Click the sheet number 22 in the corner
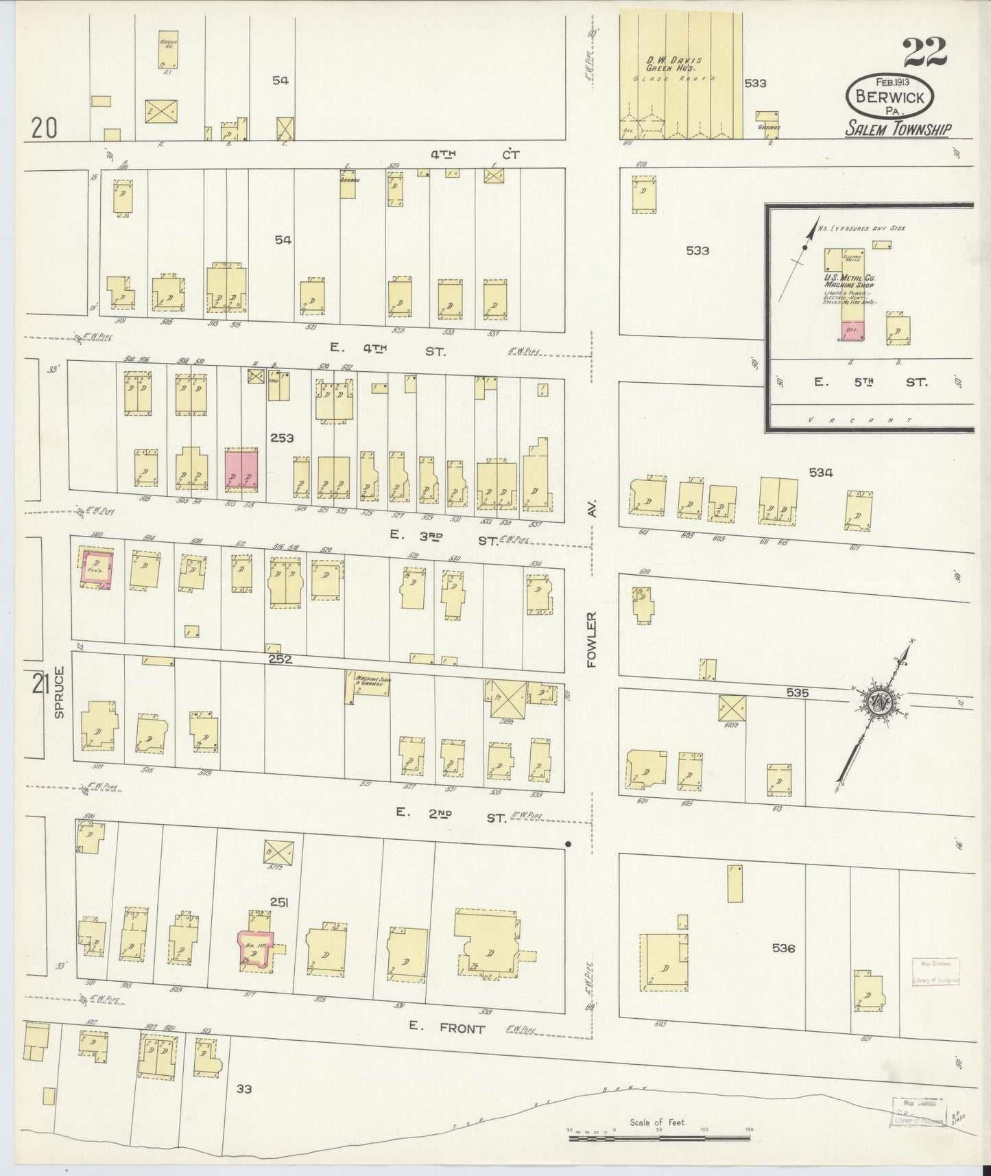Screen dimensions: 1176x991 [x=925, y=53]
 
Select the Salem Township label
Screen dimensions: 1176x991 [x=897, y=128]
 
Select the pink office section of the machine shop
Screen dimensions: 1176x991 [x=853, y=330]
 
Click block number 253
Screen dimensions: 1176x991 [x=281, y=438]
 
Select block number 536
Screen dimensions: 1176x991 [x=783, y=948]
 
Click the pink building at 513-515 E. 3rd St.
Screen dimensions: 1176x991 [x=241, y=470]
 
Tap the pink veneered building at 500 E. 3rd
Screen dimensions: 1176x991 [x=96, y=568]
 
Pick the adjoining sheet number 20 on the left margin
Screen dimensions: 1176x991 [x=43, y=128]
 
